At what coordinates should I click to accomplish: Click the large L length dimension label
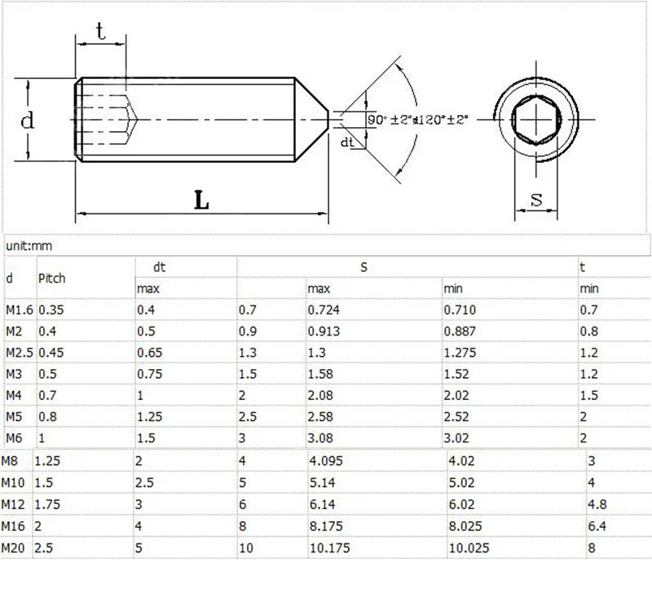coord(201,200)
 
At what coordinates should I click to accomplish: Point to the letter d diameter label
coord(28,120)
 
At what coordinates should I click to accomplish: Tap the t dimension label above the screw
coord(100,31)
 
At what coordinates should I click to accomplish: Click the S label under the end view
coord(536,200)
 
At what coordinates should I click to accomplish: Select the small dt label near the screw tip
coord(347,143)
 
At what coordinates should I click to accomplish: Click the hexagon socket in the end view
coord(536,120)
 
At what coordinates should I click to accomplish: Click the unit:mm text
coord(29,246)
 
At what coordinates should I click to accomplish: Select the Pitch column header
coord(52,278)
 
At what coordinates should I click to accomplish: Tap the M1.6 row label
coord(19,310)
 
